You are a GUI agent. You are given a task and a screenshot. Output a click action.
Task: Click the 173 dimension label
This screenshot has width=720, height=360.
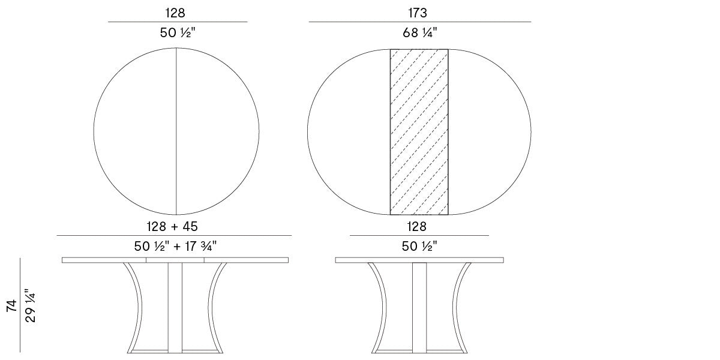click(418, 13)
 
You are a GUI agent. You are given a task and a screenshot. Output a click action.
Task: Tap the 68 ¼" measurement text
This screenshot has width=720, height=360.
click(420, 32)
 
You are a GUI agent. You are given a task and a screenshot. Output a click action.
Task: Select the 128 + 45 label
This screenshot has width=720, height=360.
click(172, 226)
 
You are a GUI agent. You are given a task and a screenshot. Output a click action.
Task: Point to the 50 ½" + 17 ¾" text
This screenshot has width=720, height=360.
click(175, 246)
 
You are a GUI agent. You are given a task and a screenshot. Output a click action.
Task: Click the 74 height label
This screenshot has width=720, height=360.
click(12, 305)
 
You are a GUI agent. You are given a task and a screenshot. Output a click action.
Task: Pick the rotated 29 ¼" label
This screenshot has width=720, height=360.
click(31, 305)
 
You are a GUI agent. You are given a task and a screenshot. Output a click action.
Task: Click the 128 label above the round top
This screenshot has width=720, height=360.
click(175, 13)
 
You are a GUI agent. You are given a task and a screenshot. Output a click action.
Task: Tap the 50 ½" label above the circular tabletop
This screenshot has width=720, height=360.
click(178, 32)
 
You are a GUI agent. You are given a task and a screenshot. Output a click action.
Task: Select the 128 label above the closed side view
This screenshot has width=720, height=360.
click(417, 226)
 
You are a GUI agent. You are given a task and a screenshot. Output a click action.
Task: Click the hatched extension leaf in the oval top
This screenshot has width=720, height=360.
click(419, 132)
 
